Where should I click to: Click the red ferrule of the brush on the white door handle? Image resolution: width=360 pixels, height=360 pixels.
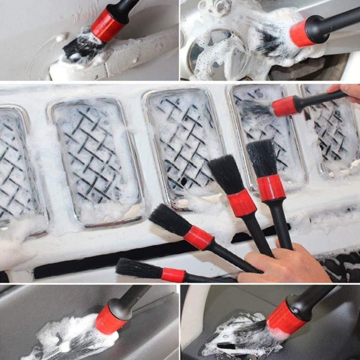tap(108, 24)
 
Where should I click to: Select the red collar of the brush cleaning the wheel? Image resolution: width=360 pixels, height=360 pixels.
tap(301, 33)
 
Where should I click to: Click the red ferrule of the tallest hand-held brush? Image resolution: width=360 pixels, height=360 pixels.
tap(271, 187)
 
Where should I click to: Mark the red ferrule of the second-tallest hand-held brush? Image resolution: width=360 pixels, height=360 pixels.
tap(241, 203)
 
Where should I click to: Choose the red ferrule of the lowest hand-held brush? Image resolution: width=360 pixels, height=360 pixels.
tap(173, 275)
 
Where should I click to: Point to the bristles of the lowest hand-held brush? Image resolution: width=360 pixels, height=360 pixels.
tap(139, 268)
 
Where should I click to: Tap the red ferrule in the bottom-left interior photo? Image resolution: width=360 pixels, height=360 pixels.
tap(110, 319)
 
